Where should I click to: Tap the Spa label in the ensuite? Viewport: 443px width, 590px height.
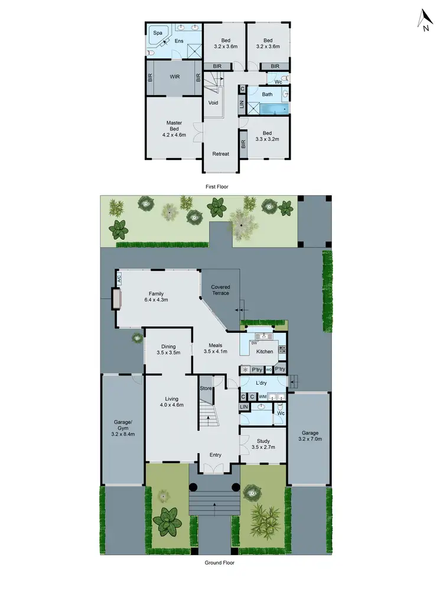point(158,33)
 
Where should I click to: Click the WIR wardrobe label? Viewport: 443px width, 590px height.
point(175,77)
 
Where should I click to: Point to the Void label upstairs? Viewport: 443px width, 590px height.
point(213,103)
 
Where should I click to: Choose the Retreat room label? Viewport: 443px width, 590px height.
point(221,154)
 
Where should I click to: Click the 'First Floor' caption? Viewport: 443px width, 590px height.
point(217,186)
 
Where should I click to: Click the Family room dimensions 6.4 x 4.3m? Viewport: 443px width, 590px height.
point(156,300)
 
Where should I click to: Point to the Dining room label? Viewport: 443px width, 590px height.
point(168,346)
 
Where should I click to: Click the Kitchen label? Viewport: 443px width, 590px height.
point(265,352)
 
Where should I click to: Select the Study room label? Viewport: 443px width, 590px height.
point(263,440)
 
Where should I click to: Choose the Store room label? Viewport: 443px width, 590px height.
point(206,388)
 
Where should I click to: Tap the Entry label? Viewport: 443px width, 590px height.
point(215,454)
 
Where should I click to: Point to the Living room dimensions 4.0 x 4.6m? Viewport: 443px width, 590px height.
point(171,405)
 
